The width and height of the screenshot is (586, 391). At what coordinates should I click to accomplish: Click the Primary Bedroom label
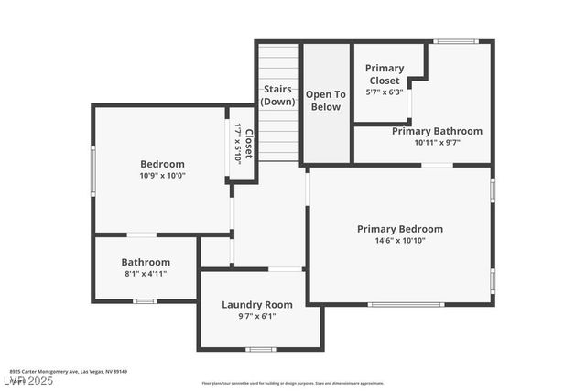[x=399, y=229]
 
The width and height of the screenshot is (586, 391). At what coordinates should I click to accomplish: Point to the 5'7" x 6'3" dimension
[x=385, y=92]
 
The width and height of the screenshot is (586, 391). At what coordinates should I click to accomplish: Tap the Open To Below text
[x=325, y=101]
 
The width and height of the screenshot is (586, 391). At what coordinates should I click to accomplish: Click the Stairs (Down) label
[x=277, y=95]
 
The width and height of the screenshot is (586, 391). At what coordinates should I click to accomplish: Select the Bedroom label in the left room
[x=162, y=164]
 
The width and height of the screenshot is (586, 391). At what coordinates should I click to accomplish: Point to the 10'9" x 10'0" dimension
[x=162, y=175]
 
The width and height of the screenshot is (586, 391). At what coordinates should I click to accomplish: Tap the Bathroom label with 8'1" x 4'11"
[x=146, y=262]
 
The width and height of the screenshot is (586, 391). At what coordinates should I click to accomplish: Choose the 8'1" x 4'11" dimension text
[x=146, y=273]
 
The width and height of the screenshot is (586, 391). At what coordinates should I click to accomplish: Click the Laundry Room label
[x=257, y=304]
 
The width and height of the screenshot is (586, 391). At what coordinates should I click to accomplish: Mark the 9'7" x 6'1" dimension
[x=257, y=316]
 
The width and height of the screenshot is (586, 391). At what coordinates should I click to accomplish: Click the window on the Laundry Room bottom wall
[x=261, y=349]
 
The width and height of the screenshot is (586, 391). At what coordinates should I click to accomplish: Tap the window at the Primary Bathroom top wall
[x=455, y=41]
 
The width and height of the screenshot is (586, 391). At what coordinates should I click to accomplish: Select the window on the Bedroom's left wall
[x=92, y=168]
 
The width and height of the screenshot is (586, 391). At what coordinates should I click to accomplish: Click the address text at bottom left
[x=69, y=372]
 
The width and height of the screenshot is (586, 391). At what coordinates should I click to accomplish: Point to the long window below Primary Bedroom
[x=406, y=304]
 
